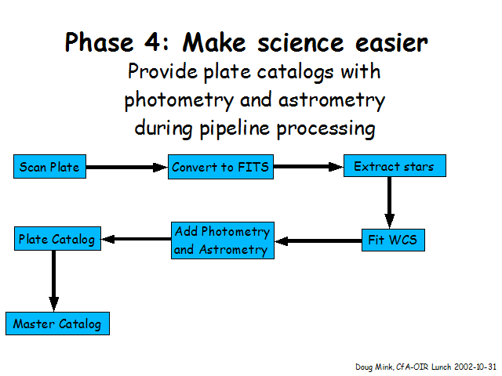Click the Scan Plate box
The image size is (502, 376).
[49, 166]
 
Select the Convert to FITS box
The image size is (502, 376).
[220, 167]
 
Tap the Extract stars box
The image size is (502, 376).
[395, 165]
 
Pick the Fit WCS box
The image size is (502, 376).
[393, 240]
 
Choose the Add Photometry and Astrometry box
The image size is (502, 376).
[223, 240]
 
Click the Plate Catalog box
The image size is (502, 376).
[57, 238]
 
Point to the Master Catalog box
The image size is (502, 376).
[57, 324]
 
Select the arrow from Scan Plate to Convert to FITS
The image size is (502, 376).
[127, 167]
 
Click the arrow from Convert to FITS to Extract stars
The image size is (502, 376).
[308, 167]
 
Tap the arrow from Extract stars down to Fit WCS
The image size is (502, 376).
[389, 203]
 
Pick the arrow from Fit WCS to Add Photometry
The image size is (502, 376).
[318, 240]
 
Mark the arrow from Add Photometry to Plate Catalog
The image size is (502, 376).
[136, 239]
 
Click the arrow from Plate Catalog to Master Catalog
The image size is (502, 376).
[54, 281]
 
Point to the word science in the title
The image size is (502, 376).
[300, 43]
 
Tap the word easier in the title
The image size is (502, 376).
[391, 43]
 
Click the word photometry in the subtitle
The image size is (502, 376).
[179, 101]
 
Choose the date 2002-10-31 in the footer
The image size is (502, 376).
[475, 367]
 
